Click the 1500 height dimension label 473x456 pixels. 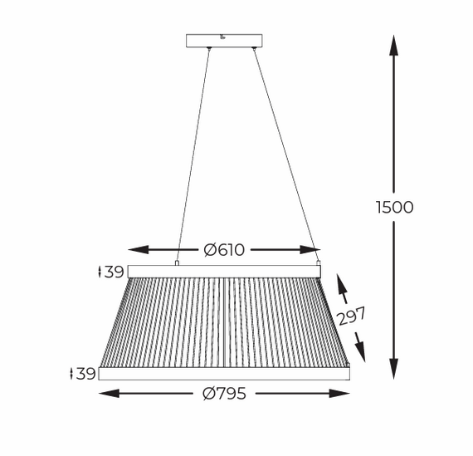[394, 208]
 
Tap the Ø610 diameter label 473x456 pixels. [224, 250]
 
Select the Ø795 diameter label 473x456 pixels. [225, 394]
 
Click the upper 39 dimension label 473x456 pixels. [111, 272]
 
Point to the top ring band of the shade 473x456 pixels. [224, 272]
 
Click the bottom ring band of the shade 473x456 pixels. [224, 374]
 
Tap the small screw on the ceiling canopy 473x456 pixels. [222, 37]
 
